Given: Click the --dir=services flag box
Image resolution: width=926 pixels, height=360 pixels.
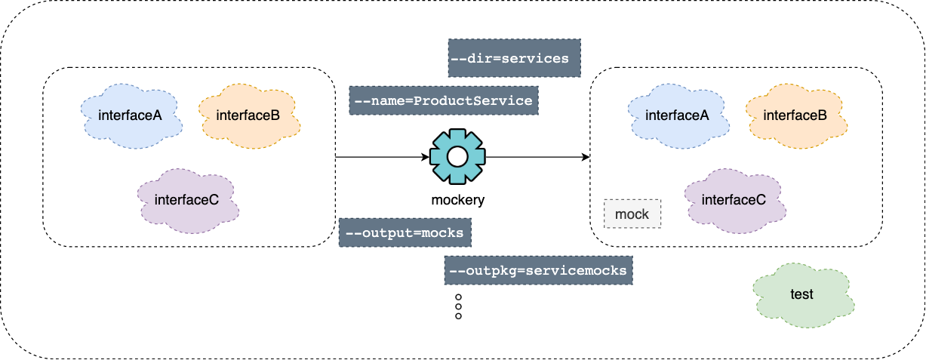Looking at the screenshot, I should [x=515, y=58].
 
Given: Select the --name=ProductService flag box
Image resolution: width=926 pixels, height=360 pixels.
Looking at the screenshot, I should [x=444, y=100].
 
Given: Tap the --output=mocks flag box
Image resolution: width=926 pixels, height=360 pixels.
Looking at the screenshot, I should [x=405, y=232].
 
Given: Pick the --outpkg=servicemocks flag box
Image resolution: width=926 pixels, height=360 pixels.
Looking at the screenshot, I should [x=538, y=270].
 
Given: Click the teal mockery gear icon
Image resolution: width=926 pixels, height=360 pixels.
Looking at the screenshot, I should [x=457, y=157].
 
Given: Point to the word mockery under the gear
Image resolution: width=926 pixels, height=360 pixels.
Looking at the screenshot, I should [x=458, y=200].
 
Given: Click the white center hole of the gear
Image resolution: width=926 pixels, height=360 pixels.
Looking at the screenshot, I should [x=457, y=157].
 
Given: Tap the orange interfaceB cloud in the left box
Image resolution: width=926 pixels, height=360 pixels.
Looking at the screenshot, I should [x=248, y=115].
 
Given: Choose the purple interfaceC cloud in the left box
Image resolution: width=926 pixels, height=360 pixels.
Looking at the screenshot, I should [x=187, y=200].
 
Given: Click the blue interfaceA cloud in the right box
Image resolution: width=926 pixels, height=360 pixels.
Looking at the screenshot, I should [x=678, y=115].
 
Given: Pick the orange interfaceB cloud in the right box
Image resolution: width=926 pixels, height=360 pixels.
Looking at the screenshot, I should [x=795, y=115].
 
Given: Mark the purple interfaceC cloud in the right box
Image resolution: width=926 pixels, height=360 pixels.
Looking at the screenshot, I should [x=734, y=200].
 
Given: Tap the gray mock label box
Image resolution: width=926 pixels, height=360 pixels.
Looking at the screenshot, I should [x=632, y=214].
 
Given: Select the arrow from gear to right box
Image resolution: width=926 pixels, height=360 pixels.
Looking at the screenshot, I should [x=536, y=157].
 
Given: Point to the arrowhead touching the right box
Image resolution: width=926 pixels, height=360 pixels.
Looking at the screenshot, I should [x=585, y=157].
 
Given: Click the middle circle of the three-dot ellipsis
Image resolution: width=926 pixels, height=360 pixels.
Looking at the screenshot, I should [x=458, y=307].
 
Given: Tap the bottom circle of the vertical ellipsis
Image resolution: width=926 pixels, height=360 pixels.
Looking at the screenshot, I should [x=458, y=316].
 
